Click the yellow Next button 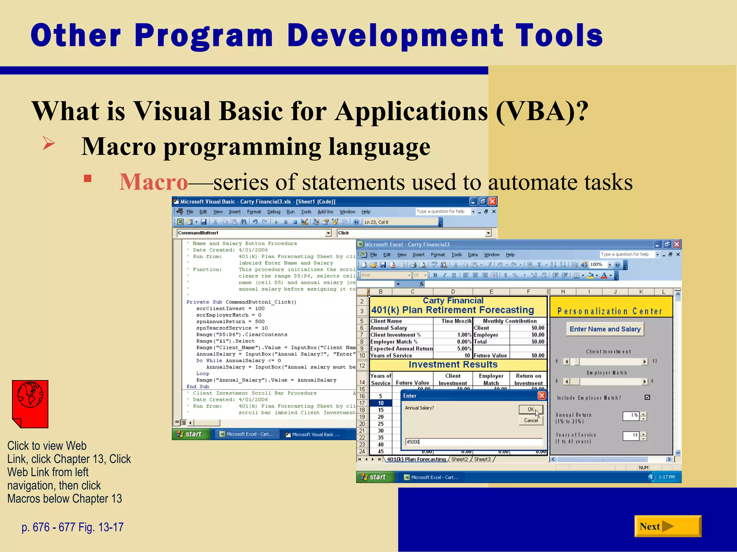667,526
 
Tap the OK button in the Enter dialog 530,409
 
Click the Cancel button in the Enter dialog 530,420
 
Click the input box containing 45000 473,442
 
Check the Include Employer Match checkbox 647,397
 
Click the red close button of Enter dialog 542,396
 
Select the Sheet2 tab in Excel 459,459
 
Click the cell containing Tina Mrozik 456,321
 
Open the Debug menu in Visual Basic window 273,212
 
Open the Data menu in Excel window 473,254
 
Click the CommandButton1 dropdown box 254,233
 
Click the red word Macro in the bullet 154,182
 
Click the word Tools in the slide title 559,35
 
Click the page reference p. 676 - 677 72,527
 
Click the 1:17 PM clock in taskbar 666,477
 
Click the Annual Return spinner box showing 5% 631,415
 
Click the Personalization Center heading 610,311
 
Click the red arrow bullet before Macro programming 49,143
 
